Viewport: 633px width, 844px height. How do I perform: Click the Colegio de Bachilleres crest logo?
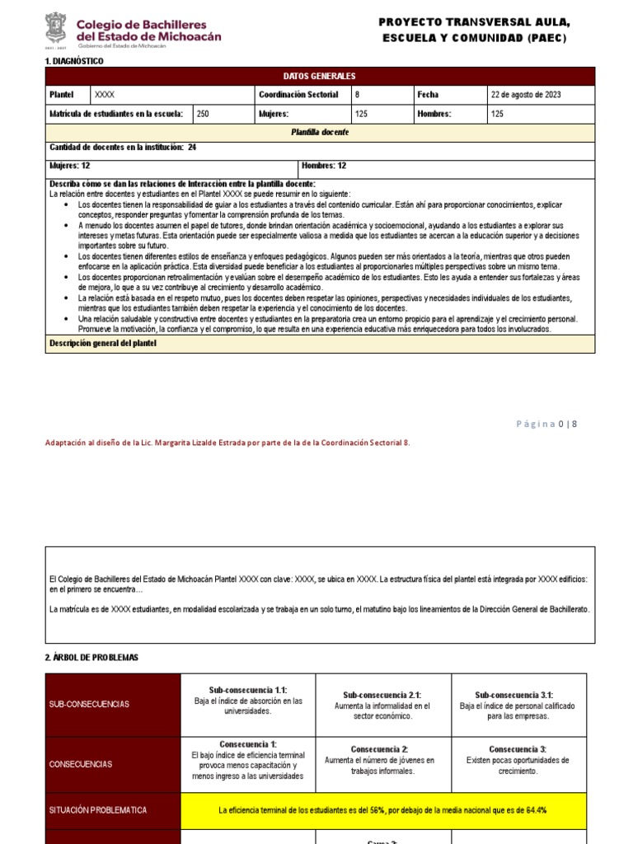point(56,30)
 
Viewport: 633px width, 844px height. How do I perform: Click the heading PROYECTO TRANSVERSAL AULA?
point(474,22)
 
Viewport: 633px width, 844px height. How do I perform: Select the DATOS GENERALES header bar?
point(320,76)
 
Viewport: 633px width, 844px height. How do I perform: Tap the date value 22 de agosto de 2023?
point(526,95)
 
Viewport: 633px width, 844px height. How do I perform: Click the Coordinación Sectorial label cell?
point(298,95)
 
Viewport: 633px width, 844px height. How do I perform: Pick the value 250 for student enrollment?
point(204,115)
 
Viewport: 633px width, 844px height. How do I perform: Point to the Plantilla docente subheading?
point(320,133)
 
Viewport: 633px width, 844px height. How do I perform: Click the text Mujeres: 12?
point(70,166)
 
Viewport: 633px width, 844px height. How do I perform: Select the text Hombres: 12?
point(324,166)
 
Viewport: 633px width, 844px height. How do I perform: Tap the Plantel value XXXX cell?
point(105,95)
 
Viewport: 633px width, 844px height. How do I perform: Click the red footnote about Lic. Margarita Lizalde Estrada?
point(227,443)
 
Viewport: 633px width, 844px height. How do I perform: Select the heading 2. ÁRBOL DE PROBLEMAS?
point(91,657)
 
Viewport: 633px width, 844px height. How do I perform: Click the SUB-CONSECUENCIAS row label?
point(88,705)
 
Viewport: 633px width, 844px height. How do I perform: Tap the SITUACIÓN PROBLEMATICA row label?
point(98,810)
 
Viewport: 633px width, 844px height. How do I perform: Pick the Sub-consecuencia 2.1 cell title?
point(382,695)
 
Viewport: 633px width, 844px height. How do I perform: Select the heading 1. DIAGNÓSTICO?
point(74,62)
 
